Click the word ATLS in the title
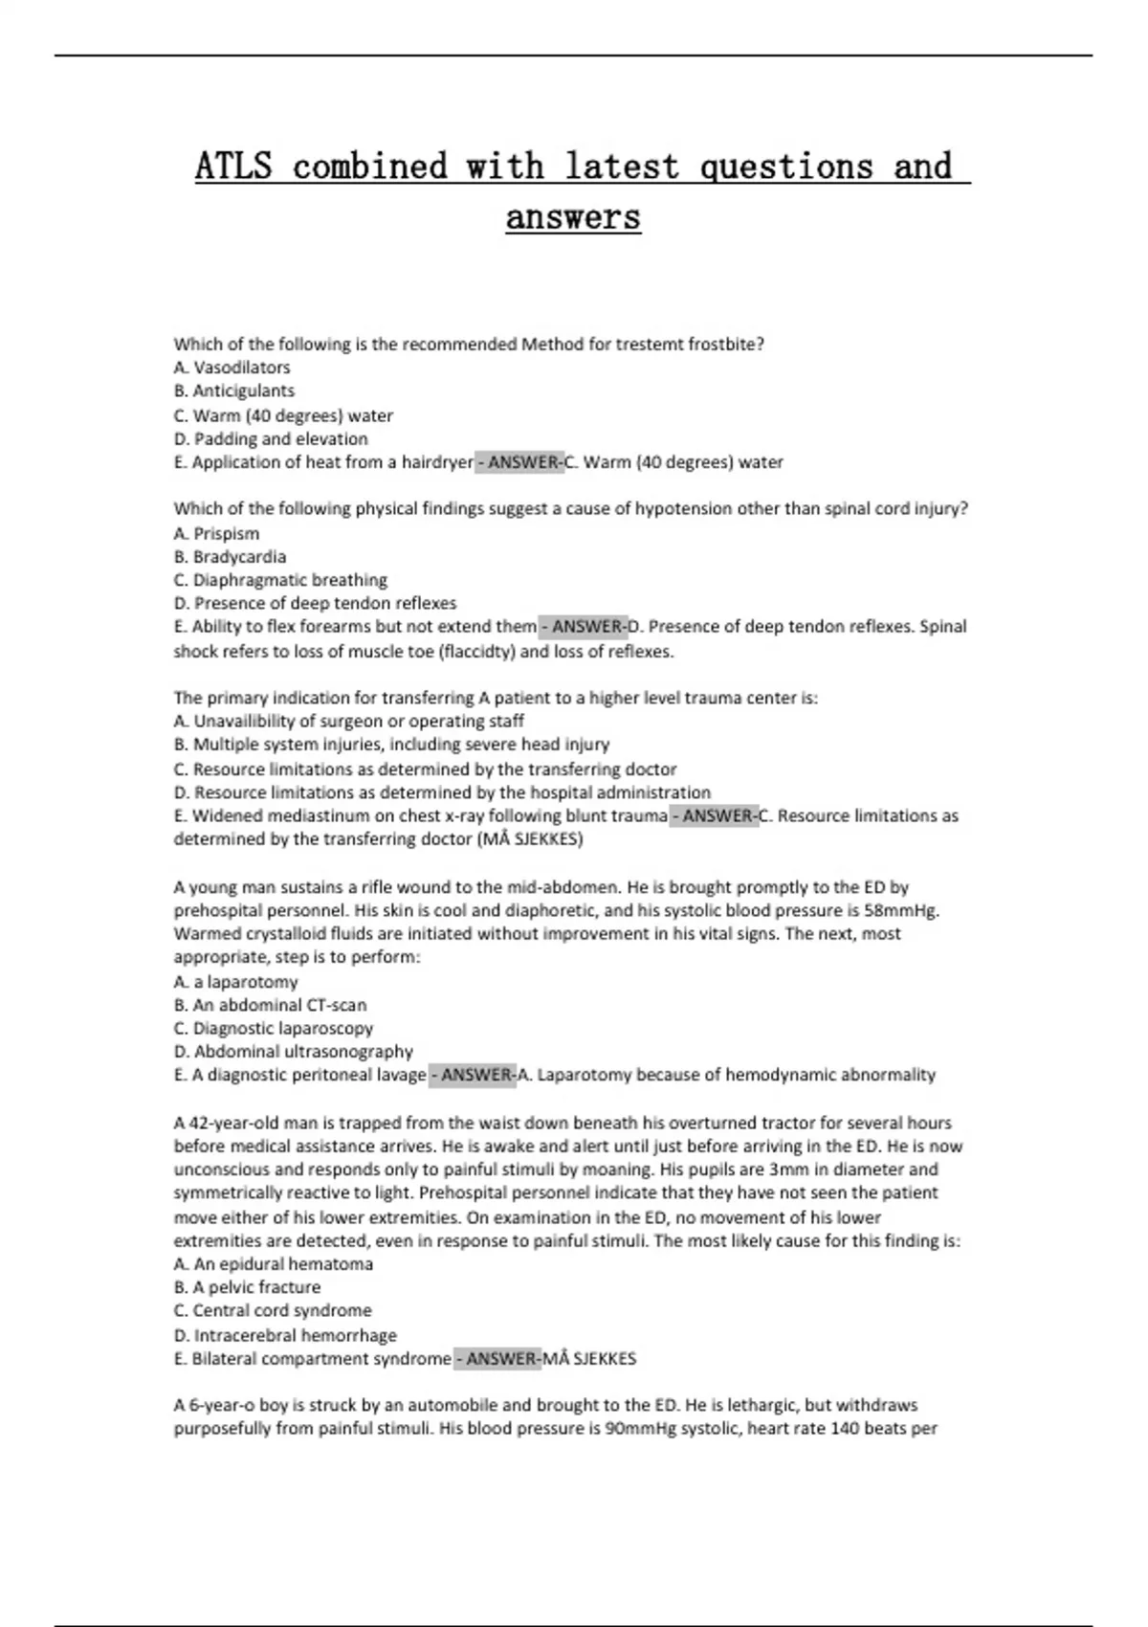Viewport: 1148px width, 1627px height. click(233, 167)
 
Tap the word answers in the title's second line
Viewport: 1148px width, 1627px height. click(573, 217)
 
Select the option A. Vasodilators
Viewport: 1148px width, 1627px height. click(232, 368)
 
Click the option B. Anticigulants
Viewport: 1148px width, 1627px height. click(234, 390)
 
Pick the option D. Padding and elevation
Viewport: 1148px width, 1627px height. click(271, 439)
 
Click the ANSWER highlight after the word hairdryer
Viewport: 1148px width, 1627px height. click(520, 462)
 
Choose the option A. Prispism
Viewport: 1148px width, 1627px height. click(216, 533)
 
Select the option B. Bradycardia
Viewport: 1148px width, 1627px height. click(230, 556)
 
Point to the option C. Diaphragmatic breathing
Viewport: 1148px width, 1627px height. click(280, 580)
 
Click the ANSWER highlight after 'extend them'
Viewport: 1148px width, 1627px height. click(584, 627)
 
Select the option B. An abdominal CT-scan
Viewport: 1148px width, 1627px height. click(270, 1005)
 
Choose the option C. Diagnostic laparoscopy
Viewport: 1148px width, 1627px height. click(274, 1028)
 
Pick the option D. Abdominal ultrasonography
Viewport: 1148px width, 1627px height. click(294, 1052)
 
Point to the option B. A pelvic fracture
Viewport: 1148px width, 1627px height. click(247, 1287)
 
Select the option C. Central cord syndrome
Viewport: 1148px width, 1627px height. click(273, 1310)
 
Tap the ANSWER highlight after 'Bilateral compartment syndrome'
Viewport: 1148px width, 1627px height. click(497, 1359)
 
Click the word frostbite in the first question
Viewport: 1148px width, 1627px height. click(726, 345)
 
